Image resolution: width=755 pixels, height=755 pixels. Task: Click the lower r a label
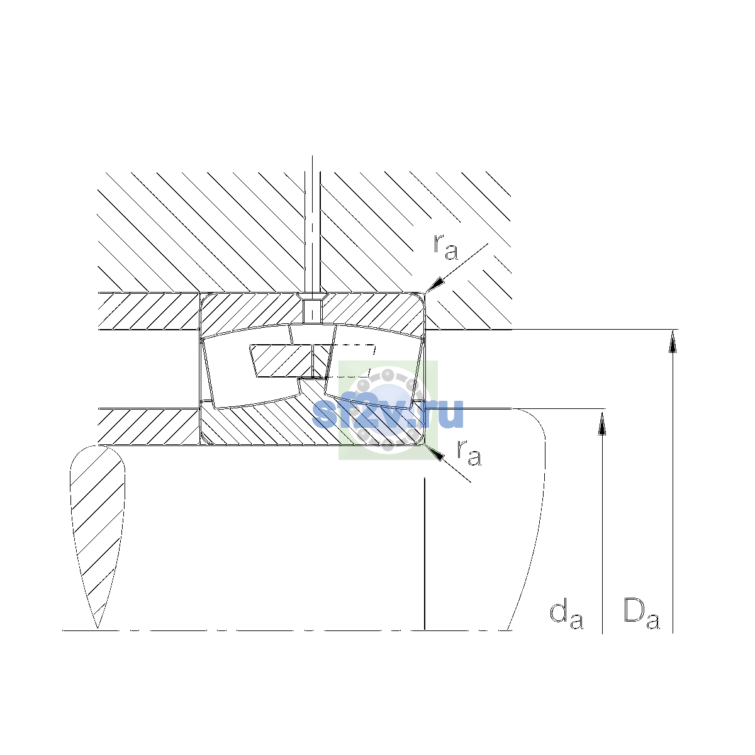pyautogui.click(x=469, y=452)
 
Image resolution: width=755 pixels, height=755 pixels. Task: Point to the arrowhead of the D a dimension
pyautogui.click(x=673, y=341)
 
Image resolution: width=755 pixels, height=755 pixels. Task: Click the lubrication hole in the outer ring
pyautogui.click(x=312, y=311)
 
